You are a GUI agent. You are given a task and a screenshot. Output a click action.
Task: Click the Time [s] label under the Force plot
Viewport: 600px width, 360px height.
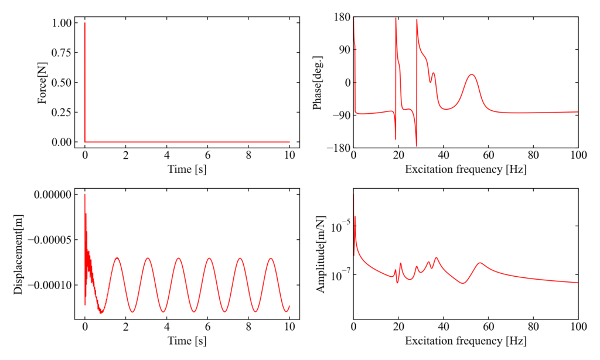[x=187, y=170]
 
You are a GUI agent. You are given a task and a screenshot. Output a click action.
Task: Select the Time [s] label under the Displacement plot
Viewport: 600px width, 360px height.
[x=187, y=340]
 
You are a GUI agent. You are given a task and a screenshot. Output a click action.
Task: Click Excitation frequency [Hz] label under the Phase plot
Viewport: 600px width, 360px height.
[x=465, y=170]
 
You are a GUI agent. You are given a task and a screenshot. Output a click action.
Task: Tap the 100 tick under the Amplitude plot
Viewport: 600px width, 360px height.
[x=578, y=325]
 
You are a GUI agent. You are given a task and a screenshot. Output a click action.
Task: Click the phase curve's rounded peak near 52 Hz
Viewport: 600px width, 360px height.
[x=472, y=74]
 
